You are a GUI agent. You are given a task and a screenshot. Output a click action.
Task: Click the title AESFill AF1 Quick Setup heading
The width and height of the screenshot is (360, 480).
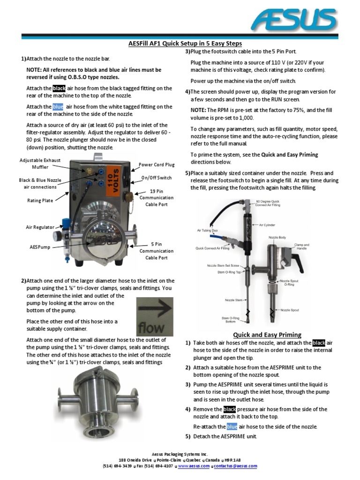tap(185, 44)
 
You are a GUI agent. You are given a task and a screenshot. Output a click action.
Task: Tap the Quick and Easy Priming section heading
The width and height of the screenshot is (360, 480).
tap(267, 334)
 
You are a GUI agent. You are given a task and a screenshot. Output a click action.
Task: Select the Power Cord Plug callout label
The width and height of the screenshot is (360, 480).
tap(156, 165)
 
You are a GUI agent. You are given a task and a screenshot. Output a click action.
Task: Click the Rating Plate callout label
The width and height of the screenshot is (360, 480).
tap(40, 201)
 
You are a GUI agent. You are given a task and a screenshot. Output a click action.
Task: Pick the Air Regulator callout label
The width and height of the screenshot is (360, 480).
tap(40, 227)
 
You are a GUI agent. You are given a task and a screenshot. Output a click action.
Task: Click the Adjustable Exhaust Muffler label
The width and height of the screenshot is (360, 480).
tap(40, 164)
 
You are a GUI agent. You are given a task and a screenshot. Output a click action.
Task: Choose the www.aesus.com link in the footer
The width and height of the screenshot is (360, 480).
tap(194, 466)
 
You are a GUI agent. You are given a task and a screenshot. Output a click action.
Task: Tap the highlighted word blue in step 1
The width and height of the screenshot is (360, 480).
tap(58, 106)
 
